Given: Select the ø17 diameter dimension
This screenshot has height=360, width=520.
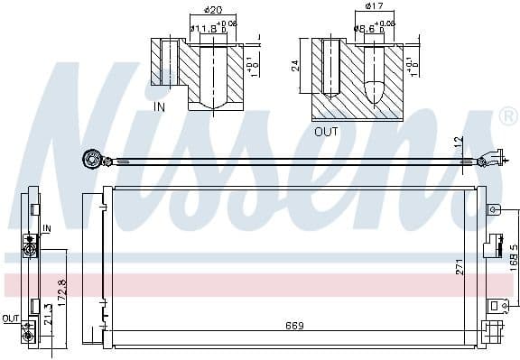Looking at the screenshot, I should tap(373, 7).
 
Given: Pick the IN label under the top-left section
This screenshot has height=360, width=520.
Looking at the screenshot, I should tap(161, 106).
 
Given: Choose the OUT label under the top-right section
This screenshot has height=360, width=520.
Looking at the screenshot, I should tap(325, 130).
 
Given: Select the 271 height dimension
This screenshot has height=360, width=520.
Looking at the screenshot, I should tap(461, 267).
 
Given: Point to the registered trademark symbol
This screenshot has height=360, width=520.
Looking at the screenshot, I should tap(509, 116).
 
